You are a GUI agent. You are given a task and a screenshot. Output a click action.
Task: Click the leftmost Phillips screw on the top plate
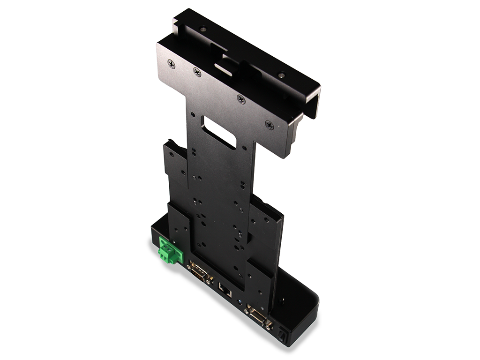[172, 64]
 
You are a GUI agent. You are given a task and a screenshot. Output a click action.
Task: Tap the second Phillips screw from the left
[197, 72]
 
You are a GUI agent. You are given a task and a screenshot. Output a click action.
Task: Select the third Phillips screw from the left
[241, 99]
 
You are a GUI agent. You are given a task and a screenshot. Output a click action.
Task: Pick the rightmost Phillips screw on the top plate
[270, 125]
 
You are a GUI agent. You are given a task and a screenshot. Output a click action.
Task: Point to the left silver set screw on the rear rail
[202, 29]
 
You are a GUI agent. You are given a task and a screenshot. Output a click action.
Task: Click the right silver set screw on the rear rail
[281, 75]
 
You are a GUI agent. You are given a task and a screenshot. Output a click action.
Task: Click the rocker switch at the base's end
[282, 335]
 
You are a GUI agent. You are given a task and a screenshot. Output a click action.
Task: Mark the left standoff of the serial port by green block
[189, 266]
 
